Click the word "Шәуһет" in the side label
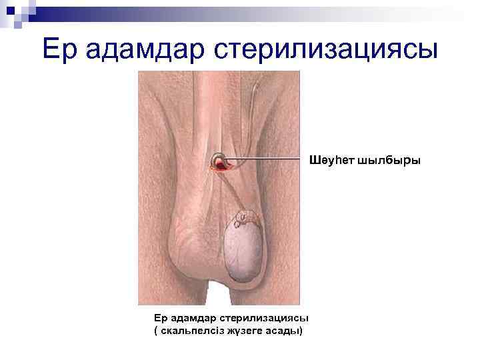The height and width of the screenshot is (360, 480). [x=331, y=161]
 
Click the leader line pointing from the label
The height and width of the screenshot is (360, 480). [x=267, y=161]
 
